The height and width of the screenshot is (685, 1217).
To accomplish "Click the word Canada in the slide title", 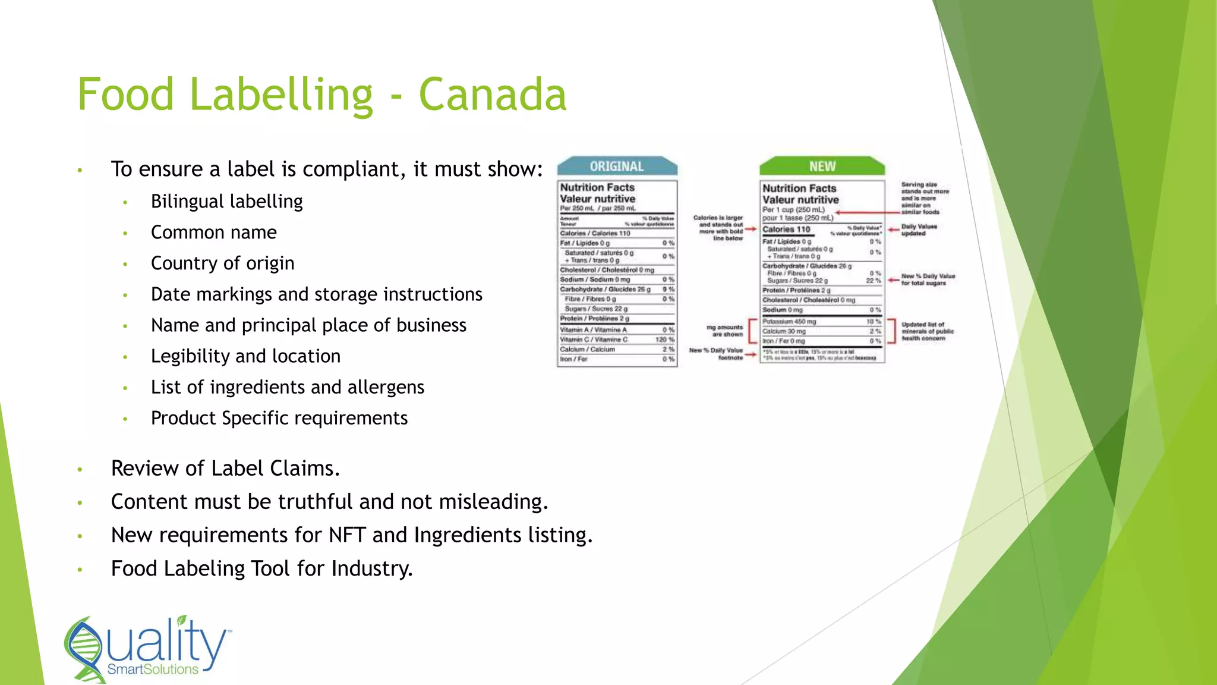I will pyautogui.click(x=493, y=95).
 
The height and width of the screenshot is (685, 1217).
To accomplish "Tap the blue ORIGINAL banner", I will pyautogui.click(x=617, y=166).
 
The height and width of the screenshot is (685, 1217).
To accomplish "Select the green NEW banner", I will pyautogui.click(x=822, y=166).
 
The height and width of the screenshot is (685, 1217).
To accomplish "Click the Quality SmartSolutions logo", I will pyautogui.click(x=147, y=649).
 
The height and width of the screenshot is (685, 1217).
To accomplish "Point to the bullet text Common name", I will pyautogui.click(x=213, y=232).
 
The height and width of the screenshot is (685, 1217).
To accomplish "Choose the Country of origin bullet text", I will pyautogui.click(x=222, y=263).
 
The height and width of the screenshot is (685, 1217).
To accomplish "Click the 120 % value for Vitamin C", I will pyautogui.click(x=664, y=340).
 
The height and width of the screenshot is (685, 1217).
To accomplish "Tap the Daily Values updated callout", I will pyautogui.click(x=919, y=230).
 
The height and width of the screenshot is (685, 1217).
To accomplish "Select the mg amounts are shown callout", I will pyautogui.click(x=725, y=331).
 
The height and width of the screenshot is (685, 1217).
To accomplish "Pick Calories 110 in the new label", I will pyautogui.click(x=786, y=230).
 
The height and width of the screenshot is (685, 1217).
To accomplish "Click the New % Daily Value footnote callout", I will pyautogui.click(x=717, y=354).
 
